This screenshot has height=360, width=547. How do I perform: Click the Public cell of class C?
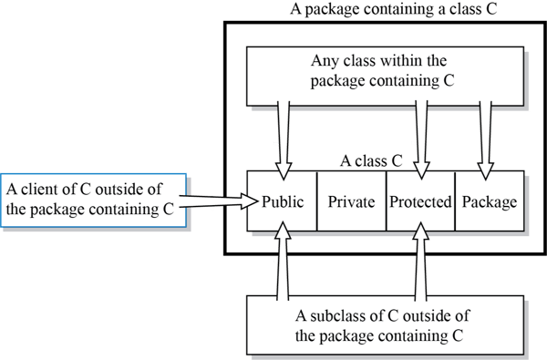[x=282, y=201]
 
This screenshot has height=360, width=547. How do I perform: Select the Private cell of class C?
[x=351, y=201]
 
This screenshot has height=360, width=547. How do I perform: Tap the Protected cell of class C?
[x=419, y=201]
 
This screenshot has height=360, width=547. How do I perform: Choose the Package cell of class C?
[x=489, y=201]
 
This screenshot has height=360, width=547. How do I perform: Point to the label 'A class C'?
[x=371, y=160]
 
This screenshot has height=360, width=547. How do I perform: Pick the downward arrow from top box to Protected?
[x=420, y=137]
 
